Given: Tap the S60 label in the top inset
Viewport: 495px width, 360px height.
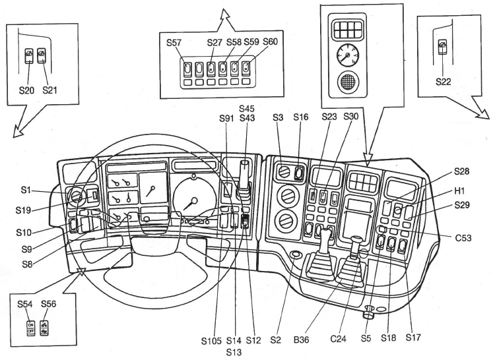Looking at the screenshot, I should (x=270, y=43).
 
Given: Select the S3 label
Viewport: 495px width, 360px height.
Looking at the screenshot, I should (x=278, y=119).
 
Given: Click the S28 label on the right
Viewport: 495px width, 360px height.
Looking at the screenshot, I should (x=463, y=172).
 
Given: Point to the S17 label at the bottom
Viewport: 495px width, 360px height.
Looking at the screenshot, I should (x=413, y=338).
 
